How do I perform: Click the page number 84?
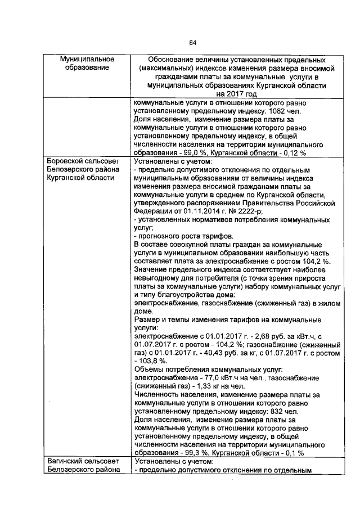pos(192,43)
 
